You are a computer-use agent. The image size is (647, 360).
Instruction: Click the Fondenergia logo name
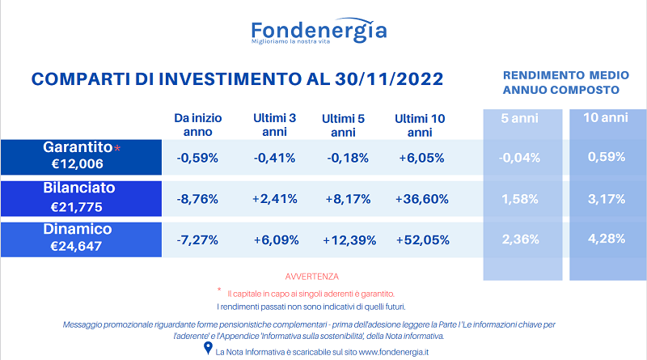tap(319, 30)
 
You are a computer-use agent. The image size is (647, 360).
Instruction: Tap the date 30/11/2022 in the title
tap(389, 78)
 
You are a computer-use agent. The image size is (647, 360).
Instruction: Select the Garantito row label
tap(78, 147)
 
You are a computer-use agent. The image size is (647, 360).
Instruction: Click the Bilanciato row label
tap(78, 188)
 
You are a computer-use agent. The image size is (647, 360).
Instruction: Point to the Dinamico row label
tap(78, 229)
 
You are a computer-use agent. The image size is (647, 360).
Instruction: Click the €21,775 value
tap(76, 207)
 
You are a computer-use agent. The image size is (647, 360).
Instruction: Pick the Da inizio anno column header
tap(197, 125)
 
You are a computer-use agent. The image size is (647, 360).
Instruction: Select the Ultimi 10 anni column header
tap(420, 125)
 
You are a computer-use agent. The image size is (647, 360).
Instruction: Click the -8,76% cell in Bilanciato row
tap(197, 199)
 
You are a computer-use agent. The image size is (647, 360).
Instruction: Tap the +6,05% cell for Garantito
tap(421, 158)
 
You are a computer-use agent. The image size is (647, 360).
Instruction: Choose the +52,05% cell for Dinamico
tap(422, 239)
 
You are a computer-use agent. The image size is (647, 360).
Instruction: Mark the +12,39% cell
tap(349, 240)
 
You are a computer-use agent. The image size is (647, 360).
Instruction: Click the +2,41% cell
tap(275, 199)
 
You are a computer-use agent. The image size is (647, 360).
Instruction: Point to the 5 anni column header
tap(519, 118)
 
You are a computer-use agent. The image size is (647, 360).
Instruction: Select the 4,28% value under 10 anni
tap(607, 239)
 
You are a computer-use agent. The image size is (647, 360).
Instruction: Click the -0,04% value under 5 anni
tap(519, 158)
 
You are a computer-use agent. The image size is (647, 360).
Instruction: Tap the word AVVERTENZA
tap(312, 277)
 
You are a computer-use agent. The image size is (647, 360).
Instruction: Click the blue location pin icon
tap(209, 348)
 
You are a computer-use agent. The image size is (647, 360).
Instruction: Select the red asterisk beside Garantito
tap(117, 148)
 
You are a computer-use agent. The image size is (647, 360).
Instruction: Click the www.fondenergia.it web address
tap(394, 352)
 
